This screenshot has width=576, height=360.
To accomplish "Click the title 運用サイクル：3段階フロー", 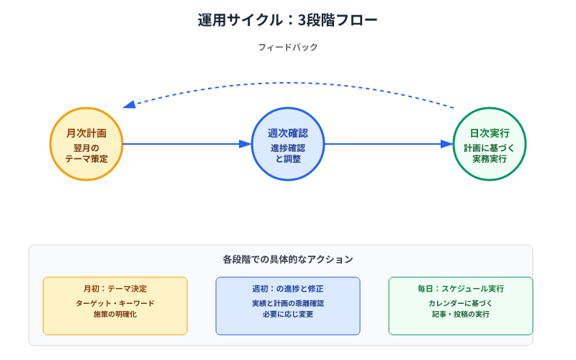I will pyautogui.click(x=288, y=20).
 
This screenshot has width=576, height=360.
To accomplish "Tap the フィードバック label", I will pyautogui.click(x=288, y=48).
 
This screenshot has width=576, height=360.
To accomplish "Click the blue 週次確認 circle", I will pyautogui.click(x=288, y=144).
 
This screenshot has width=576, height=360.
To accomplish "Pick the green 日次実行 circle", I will pyautogui.click(x=490, y=144).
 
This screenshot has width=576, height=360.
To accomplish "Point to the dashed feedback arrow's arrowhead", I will pyautogui.click(x=129, y=105).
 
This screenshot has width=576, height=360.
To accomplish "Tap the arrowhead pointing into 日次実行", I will pyautogui.click(x=448, y=144).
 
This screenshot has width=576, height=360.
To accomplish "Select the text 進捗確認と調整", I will pyautogui.click(x=288, y=153).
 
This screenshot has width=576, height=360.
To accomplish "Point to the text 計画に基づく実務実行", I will pyautogui.click(x=490, y=153).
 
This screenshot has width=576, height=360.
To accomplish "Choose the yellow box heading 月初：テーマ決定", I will pyautogui.click(x=115, y=289).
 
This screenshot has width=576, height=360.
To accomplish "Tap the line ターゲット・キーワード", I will pyautogui.click(x=115, y=303).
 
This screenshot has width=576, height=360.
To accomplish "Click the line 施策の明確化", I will pyautogui.click(x=115, y=315).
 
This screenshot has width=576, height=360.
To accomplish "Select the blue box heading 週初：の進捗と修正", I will pyautogui.click(x=288, y=289).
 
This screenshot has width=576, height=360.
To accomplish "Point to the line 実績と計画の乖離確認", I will pyautogui.click(x=288, y=303).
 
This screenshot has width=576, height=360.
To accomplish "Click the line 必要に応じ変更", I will pyautogui.click(x=288, y=315).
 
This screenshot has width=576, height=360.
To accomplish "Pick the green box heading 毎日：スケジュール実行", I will pyautogui.click(x=461, y=289).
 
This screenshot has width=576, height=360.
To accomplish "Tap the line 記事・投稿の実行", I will pyautogui.click(x=461, y=315).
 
